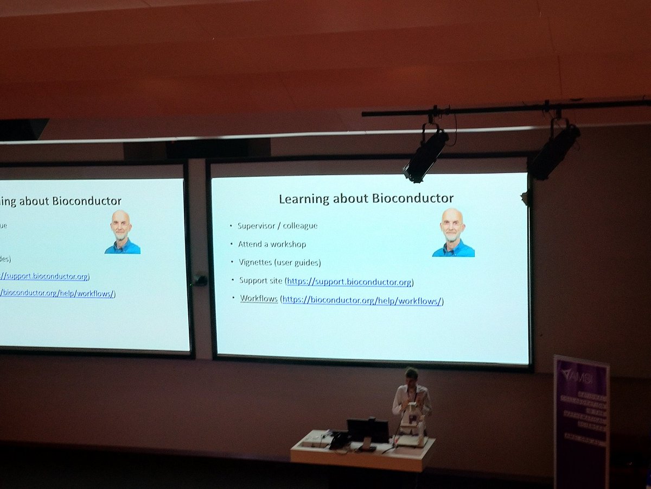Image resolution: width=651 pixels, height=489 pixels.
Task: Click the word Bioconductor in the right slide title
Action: point(413,198)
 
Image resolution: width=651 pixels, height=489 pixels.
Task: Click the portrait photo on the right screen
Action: point(453,233)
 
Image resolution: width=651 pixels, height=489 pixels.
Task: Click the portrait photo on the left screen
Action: point(122,232)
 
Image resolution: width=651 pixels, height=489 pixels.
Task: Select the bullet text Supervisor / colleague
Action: point(277,225)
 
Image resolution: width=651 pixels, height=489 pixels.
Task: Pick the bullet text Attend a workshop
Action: point(272,244)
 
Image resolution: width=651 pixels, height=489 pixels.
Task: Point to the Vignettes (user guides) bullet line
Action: point(279,262)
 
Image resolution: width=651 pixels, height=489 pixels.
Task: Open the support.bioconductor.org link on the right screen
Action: point(349,282)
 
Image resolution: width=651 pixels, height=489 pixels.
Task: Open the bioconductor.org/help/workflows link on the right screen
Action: point(362,300)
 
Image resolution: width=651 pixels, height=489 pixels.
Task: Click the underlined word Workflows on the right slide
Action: point(259,299)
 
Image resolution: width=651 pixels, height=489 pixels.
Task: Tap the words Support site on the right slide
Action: point(260,280)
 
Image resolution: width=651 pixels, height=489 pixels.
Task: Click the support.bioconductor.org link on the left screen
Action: point(46,277)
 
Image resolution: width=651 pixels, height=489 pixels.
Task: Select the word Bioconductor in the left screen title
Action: point(87,202)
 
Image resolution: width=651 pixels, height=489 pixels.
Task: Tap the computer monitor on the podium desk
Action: point(368,429)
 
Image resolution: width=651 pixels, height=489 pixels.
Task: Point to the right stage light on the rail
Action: point(554,150)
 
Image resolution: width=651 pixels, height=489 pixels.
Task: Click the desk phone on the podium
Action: point(340,439)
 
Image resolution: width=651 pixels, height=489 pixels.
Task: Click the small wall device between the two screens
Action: point(200,280)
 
